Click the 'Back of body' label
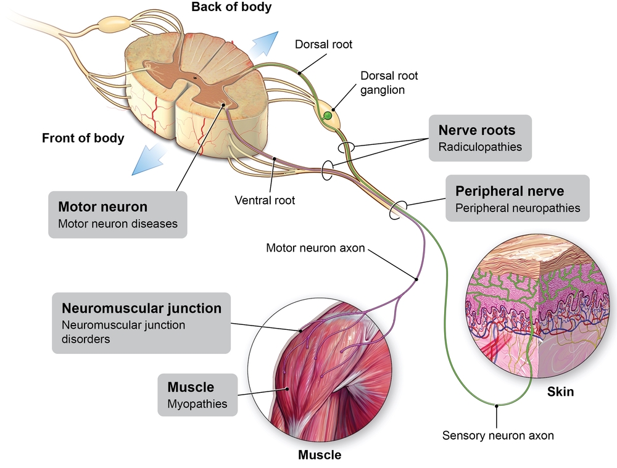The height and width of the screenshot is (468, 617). click(x=231, y=8)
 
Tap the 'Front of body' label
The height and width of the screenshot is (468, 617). click(x=83, y=138)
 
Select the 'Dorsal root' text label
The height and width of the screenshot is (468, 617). click(x=323, y=44)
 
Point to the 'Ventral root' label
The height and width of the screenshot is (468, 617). click(x=265, y=200)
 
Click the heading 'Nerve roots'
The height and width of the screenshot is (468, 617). click(x=476, y=130)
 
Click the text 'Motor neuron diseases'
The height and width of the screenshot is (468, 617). click(x=117, y=224)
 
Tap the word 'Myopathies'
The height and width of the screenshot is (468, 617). click(x=197, y=404)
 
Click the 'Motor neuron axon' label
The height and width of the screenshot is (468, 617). click(x=315, y=248)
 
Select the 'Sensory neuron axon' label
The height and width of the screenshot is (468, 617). click(x=498, y=435)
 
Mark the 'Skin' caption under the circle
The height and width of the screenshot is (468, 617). click(x=560, y=392)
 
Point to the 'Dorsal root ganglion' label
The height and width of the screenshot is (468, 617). click(x=390, y=83)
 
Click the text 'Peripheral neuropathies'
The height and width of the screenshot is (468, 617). click(x=518, y=208)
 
